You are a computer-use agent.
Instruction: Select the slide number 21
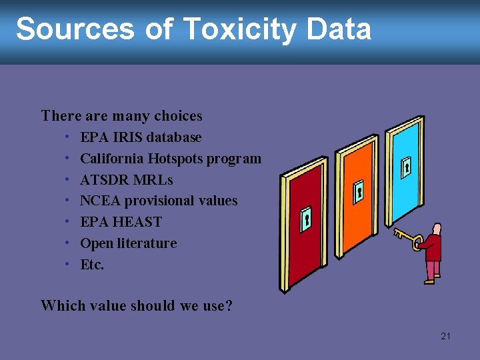[x=445, y=336]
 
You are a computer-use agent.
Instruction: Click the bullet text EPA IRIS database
[x=141, y=137]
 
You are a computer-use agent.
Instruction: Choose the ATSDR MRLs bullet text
[x=126, y=180]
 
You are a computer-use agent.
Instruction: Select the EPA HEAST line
[x=121, y=222]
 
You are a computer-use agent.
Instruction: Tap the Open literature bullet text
[x=128, y=243]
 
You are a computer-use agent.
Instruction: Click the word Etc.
[x=92, y=265]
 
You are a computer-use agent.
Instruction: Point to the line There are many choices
[x=121, y=116]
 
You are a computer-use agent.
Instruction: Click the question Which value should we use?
[x=137, y=306]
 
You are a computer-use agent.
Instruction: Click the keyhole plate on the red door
[x=306, y=219]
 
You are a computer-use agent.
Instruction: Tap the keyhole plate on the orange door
[x=359, y=191]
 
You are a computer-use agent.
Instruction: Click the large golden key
[x=407, y=239]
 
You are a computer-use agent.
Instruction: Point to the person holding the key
[x=433, y=253]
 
